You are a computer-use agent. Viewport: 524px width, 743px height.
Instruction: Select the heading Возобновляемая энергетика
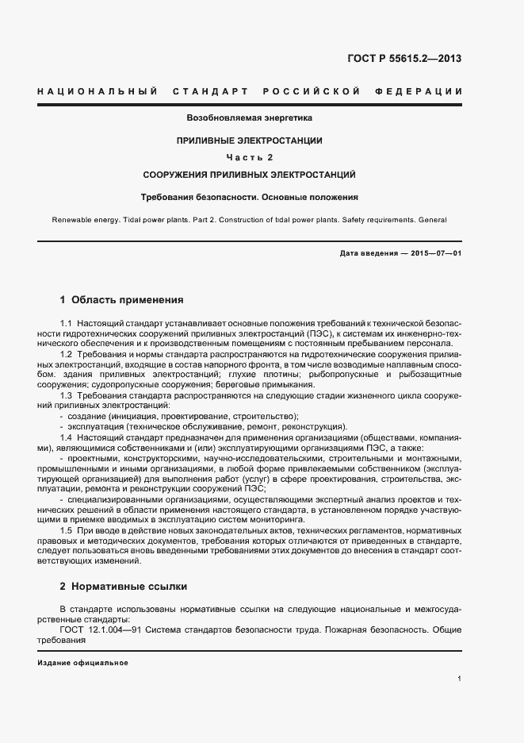pyautogui.click(x=249, y=117)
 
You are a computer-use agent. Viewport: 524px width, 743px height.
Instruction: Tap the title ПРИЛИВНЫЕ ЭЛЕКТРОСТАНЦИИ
pyautogui.click(x=249, y=141)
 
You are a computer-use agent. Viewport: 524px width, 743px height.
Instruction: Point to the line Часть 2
pyautogui.click(x=249, y=156)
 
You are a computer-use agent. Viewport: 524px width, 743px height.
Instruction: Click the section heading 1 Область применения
pyautogui.click(x=121, y=300)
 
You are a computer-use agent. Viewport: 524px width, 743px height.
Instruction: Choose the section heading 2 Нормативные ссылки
pyautogui.click(x=123, y=587)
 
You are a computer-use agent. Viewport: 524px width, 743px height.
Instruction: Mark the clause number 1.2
pyautogui.click(x=67, y=353)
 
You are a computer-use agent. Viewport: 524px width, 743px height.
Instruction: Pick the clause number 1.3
pyautogui.click(x=67, y=395)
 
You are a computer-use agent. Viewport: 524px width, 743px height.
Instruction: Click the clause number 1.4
pyautogui.click(x=67, y=437)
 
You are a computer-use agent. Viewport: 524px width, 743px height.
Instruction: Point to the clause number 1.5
pyautogui.click(x=67, y=529)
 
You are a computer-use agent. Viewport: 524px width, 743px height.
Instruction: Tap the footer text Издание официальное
pyautogui.click(x=82, y=662)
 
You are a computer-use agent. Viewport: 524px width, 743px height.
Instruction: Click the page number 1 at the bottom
pyautogui.click(x=460, y=679)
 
